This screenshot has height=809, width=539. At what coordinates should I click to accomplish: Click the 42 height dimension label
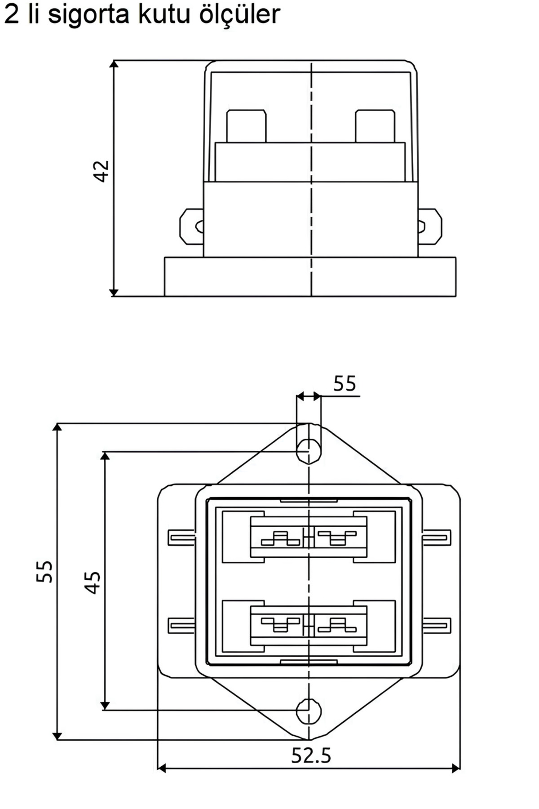coord(101,171)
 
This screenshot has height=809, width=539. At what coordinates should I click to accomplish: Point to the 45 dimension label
coord(93,582)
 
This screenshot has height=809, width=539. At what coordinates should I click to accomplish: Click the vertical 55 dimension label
coord(44,572)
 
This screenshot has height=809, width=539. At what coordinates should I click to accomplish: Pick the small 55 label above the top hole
coord(345,384)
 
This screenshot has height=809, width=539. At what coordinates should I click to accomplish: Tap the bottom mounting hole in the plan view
coord(309,711)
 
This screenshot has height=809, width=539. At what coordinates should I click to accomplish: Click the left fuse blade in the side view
coord(246,126)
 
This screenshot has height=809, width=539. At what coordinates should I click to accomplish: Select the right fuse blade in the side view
coord(375,126)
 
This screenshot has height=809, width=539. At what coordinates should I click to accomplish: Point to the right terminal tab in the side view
coord(430,227)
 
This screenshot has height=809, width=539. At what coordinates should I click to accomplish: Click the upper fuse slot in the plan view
coord(309,537)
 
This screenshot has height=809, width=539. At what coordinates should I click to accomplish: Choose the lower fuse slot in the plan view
coord(309,625)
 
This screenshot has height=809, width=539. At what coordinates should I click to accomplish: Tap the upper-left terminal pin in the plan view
coord(181,538)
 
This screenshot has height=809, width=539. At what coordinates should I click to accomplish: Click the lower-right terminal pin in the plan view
coord(437,625)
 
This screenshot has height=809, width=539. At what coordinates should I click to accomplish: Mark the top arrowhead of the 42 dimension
coord(114,64)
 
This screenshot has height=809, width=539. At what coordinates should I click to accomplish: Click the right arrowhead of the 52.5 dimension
coord(456,768)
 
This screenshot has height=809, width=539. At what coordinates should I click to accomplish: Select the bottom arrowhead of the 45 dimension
coord(105,706)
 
